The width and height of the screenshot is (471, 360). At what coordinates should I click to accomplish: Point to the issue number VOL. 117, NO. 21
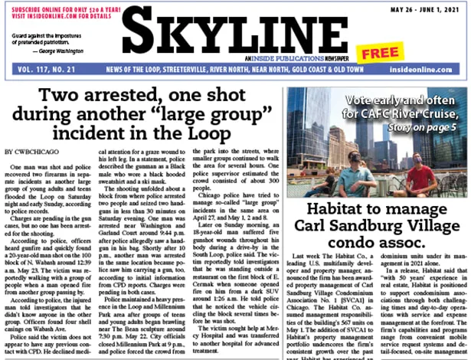point(41,68)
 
